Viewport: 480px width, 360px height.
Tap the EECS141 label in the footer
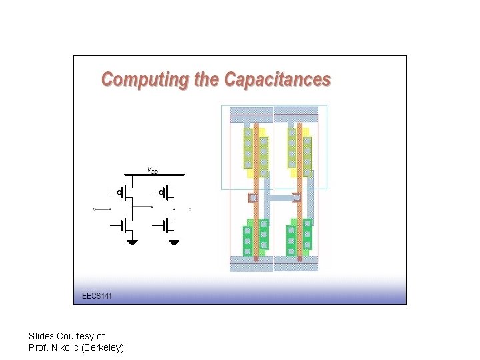(97, 295)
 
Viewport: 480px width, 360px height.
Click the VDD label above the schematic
(153, 171)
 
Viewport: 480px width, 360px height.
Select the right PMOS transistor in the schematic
(164, 193)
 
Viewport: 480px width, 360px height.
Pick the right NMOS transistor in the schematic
(164, 225)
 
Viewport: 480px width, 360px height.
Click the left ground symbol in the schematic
(133, 241)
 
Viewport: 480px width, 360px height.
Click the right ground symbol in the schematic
(175, 241)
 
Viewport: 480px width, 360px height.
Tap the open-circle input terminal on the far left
(95, 209)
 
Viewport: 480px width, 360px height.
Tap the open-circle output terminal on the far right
(191, 209)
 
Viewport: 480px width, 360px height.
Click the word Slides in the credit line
(41, 336)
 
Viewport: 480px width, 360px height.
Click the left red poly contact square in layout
(253, 198)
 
